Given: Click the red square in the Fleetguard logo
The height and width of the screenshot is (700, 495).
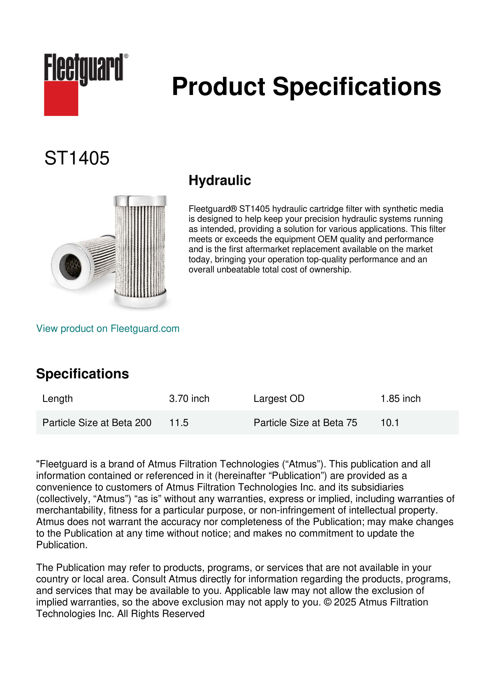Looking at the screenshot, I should click(61, 98).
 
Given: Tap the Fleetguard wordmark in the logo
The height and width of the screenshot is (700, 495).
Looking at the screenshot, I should click(84, 68).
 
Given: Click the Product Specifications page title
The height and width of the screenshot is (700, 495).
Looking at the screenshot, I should click(306, 87).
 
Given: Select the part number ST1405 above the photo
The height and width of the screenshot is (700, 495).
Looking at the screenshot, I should click(77, 158).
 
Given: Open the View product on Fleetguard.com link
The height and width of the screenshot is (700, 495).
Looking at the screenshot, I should click(108, 329).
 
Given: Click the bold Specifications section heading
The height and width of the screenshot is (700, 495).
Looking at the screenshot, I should click(82, 374).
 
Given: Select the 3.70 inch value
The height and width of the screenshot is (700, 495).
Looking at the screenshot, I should click(189, 399).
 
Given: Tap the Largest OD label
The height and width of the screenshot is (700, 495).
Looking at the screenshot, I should click(279, 399).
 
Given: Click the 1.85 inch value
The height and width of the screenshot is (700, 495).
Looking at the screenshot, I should click(400, 399).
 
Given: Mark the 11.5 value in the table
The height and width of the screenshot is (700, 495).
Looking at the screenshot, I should click(179, 423).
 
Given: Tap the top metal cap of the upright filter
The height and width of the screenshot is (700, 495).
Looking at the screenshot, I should click(140, 201).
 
